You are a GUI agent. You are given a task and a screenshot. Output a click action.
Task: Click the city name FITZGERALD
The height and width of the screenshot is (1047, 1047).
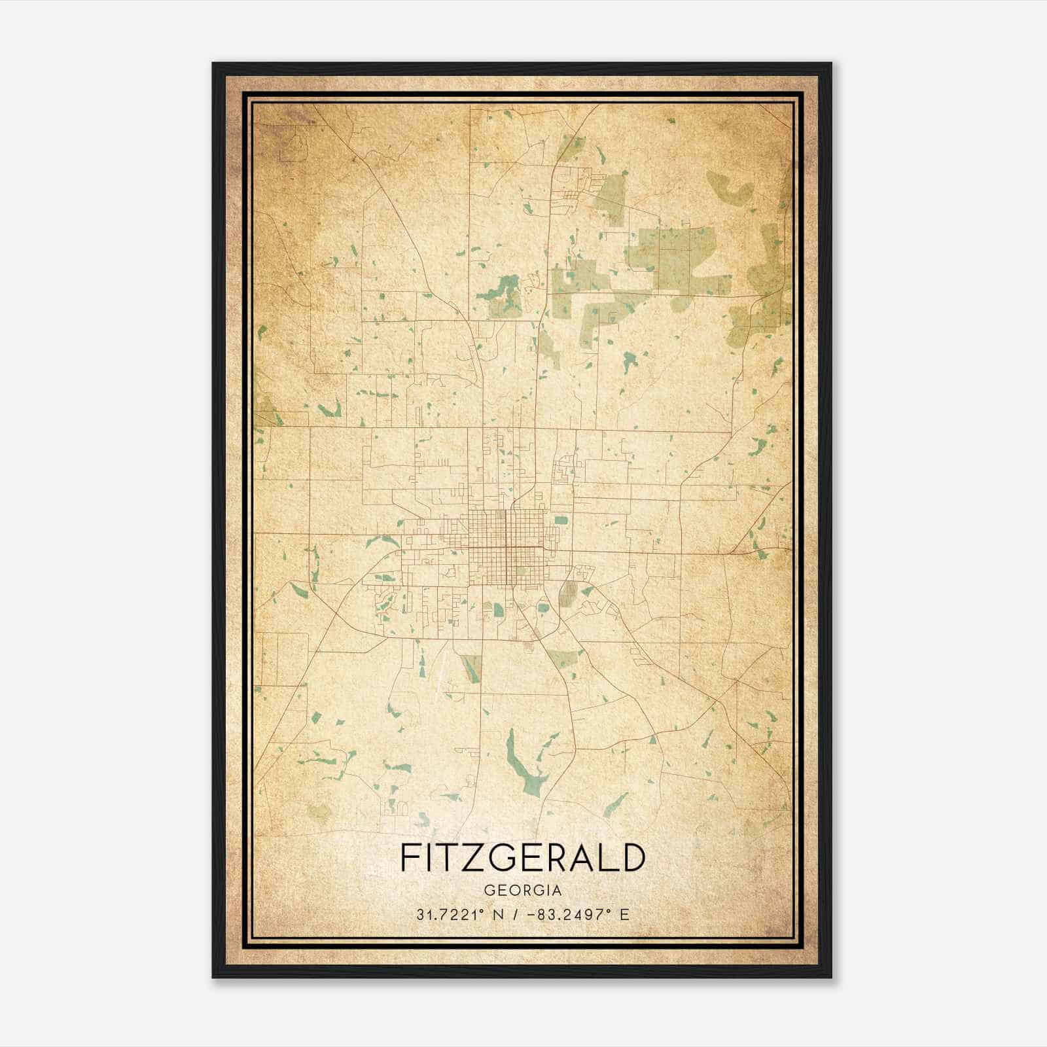click(x=522, y=858)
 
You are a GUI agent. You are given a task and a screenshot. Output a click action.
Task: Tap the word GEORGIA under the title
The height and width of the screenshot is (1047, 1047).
click(x=522, y=891)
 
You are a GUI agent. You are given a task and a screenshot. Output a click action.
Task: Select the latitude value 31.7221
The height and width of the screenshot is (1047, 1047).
click(x=444, y=914)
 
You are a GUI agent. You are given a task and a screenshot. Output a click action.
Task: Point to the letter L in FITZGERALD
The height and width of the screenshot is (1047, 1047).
click(x=609, y=858)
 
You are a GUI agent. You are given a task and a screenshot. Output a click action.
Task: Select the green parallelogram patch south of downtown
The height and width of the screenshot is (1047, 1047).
click(x=471, y=668)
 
